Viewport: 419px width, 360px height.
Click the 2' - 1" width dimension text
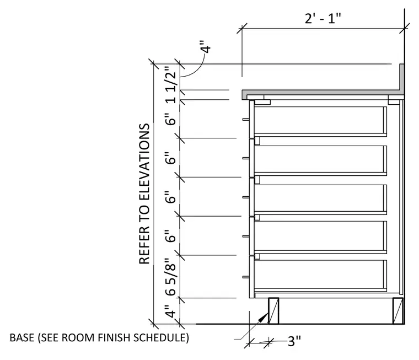pyautogui.click(x=323, y=19)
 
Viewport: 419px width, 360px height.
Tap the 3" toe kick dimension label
pyautogui.click(x=294, y=341)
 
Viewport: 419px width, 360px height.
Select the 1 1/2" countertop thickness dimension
pyautogui.click(x=170, y=84)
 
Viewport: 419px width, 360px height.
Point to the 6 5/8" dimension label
pyautogui.click(x=170, y=277)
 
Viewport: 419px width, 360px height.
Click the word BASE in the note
pyautogui.click(x=22, y=337)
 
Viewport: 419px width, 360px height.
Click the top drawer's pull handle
pyautogui.click(x=246, y=120)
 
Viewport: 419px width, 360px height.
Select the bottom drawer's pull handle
pyautogui.click(x=246, y=277)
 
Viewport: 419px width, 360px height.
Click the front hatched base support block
pyautogui.click(x=273, y=311)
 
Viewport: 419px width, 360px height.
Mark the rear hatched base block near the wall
pyautogui.click(x=398, y=311)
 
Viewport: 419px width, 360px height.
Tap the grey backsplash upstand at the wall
pyautogui.click(x=401, y=79)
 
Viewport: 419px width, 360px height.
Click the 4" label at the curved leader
pyautogui.click(x=206, y=47)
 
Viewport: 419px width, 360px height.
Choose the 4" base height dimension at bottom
pyautogui.click(x=170, y=311)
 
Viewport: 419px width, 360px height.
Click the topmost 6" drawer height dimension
pyautogui.click(x=170, y=119)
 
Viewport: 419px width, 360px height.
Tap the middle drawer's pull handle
pyautogui.click(x=246, y=197)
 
